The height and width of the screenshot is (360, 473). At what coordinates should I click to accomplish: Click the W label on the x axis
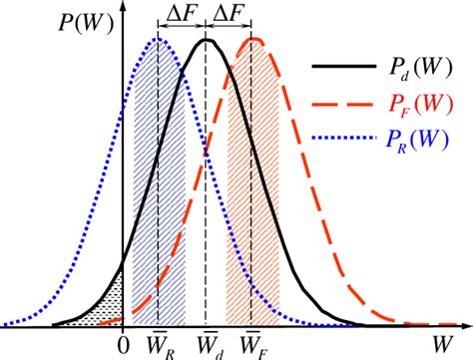(x=439, y=343)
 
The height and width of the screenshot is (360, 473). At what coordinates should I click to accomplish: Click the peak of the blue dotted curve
(x=158, y=39)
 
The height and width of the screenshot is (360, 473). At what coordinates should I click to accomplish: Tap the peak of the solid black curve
(x=208, y=40)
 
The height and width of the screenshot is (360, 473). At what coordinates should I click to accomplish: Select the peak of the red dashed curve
(x=255, y=40)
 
